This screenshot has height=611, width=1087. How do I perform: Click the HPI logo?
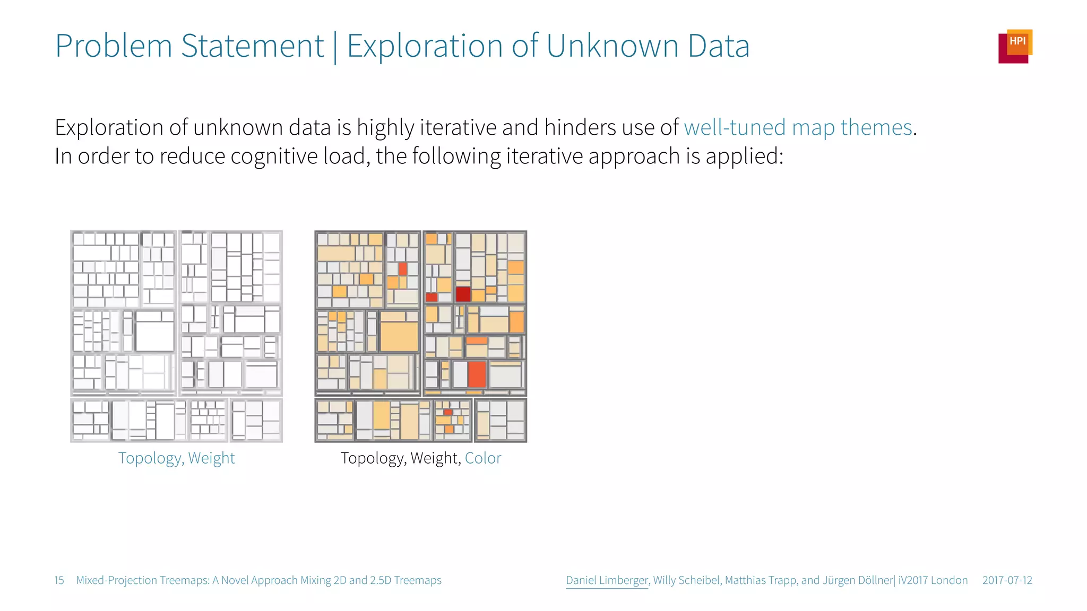(x=1015, y=46)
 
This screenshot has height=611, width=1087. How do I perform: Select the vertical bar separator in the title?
(x=335, y=47)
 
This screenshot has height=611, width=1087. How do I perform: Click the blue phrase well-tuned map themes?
(x=798, y=128)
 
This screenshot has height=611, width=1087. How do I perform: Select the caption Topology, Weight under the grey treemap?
(x=176, y=458)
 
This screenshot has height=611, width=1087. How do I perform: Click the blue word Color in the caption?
(x=482, y=458)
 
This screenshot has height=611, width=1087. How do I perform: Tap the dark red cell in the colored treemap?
(x=463, y=293)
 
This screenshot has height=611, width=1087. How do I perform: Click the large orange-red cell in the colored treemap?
(x=477, y=373)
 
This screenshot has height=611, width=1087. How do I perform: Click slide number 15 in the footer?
(x=59, y=580)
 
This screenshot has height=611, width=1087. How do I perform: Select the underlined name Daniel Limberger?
(x=607, y=580)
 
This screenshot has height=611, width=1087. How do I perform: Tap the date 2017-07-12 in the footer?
(x=1007, y=580)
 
